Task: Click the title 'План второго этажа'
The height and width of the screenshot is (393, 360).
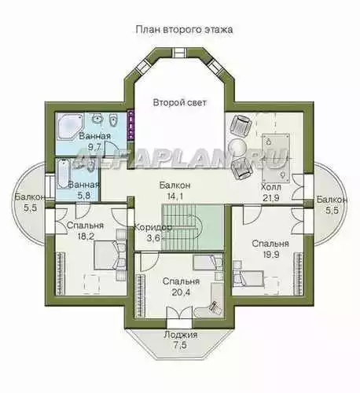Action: [x=184, y=30]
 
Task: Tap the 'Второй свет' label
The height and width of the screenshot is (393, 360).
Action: [x=180, y=102]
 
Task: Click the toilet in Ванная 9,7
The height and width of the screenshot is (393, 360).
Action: [x=113, y=120]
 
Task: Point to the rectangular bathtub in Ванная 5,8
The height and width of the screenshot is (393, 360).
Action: [x=62, y=174]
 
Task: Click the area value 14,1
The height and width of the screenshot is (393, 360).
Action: [x=175, y=196]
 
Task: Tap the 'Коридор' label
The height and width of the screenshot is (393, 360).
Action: [x=153, y=227]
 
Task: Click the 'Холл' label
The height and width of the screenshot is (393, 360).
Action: [x=271, y=187]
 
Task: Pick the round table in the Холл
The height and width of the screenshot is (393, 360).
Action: [x=237, y=146]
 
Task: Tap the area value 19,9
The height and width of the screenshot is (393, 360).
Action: [x=270, y=255]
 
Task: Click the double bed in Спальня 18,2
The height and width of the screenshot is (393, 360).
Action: [x=109, y=255]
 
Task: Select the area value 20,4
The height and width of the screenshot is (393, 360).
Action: [x=181, y=292]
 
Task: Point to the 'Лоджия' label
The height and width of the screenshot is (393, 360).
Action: [x=181, y=335]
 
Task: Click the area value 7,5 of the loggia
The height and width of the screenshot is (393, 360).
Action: [x=181, y=345]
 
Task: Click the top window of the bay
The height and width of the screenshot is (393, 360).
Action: [x=180, y=52]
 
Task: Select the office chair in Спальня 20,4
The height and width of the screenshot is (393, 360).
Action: [x=215, y=307]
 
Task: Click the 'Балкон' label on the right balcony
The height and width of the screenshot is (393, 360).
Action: [x=332, y=200]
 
